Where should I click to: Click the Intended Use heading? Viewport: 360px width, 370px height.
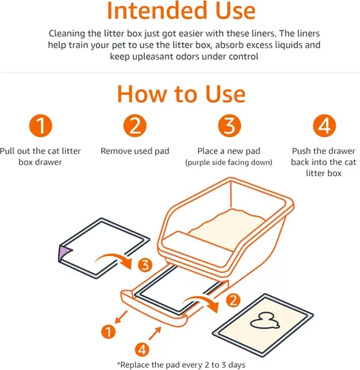[180, 12]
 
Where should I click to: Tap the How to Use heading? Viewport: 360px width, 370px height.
[180, 95]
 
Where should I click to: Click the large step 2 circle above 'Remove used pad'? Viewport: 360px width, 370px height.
[135, 125]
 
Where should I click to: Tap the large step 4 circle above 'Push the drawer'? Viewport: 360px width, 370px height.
[322, 125]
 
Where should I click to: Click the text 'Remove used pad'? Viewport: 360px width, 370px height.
[135, 151]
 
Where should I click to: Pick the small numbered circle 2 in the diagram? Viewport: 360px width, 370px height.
[233, 300]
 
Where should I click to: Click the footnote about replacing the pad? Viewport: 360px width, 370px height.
[180, 363]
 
